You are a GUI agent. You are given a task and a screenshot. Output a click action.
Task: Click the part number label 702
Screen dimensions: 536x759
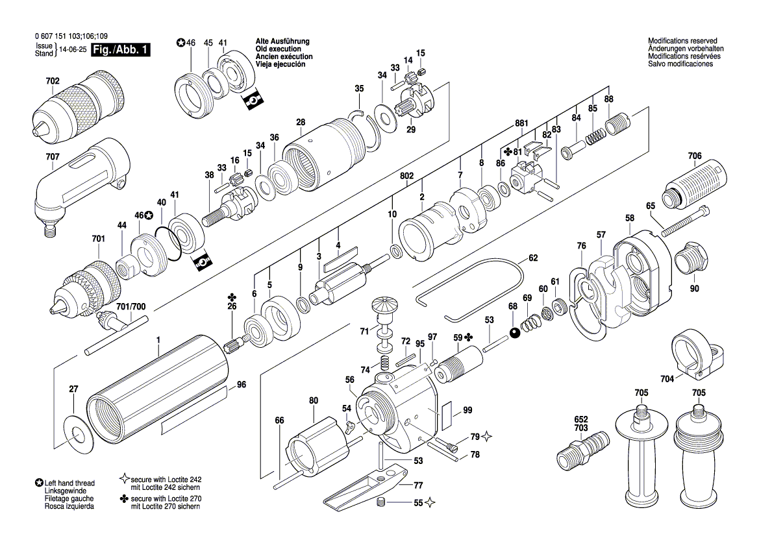[x=53, y=81]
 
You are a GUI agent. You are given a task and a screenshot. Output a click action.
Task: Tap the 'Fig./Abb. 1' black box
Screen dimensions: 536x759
[x=121, y=50]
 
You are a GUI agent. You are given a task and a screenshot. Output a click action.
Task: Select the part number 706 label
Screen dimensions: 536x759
[x=695, y=156]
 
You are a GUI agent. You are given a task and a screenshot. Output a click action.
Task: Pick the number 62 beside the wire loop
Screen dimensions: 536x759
[x=533, y=258]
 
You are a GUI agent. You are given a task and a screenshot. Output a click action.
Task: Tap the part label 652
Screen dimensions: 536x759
[x=581, y=420]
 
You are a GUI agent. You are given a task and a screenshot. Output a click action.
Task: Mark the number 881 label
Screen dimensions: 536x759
[x=522, y=123]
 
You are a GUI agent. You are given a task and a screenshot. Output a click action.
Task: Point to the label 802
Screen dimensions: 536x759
[x=407, y=176]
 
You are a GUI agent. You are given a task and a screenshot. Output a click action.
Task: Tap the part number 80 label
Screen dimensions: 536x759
[x=314, y=400]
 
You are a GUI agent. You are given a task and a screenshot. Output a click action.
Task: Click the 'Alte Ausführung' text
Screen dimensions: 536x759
[x=282, y=42]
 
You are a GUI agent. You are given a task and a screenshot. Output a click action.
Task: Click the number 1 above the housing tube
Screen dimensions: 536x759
[x=158, y=340]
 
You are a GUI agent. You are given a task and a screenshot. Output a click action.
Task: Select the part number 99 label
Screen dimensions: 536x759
[x=467, y=410]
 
